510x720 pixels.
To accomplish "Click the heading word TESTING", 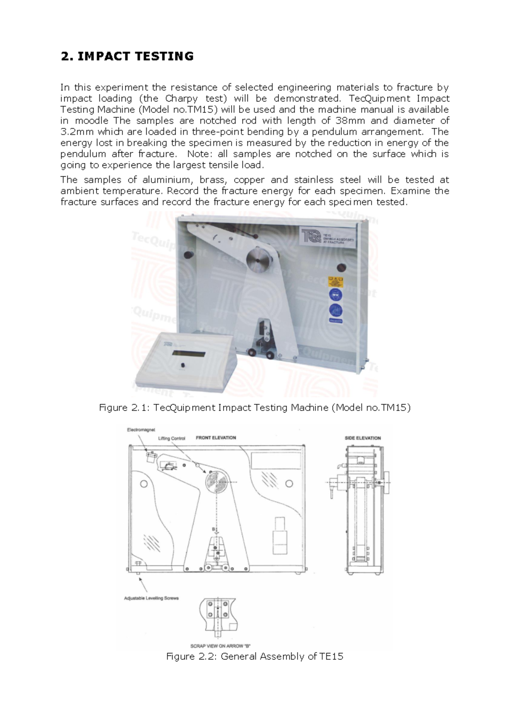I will click(x=164, y=56).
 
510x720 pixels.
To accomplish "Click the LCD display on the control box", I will click(x=189, y=354).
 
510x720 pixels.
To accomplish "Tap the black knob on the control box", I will click(x=183, y=366).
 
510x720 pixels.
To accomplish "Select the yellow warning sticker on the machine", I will click(x=335, y=281).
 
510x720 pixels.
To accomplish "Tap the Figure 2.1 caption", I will click(x=255, y=408).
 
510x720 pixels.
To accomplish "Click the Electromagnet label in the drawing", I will click(x=141, y=430).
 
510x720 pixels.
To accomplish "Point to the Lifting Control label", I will click(x=172, y=439).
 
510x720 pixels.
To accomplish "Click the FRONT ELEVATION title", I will click(x=216, y=438).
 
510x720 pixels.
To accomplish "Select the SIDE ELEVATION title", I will click(x=363, y=438).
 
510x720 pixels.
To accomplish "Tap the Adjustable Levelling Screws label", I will click(x=151, y=598).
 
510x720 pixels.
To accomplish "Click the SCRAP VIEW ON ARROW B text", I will click(x=217, y=646).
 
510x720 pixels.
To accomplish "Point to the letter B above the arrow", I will click(x=213, y=529).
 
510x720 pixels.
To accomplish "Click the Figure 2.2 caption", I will click(x=255, y=657).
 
